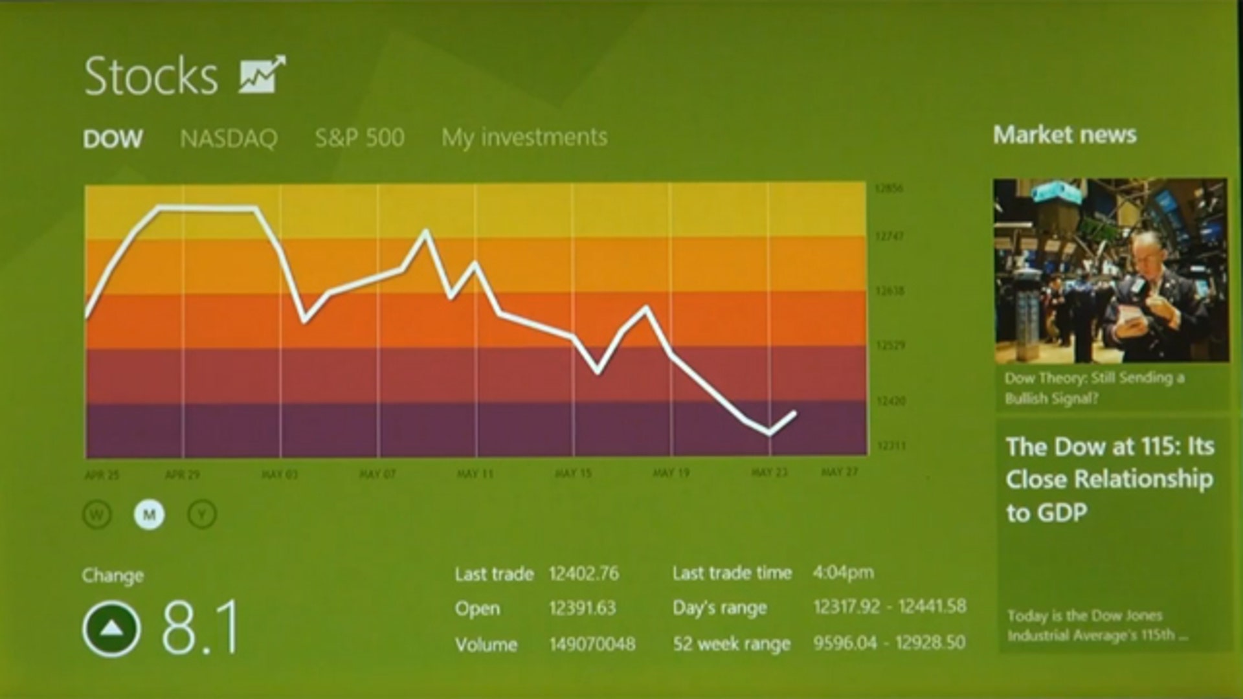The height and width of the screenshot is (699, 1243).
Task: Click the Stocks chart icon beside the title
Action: (262, 74)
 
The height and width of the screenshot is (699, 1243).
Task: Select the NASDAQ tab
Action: (229, 138)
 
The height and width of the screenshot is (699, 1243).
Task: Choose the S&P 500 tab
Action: (359, 137)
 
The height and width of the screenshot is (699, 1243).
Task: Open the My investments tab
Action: (524, 137)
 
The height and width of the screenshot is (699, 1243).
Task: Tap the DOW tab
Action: (113, 139)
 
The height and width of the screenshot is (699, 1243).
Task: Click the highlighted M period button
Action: (149, 515)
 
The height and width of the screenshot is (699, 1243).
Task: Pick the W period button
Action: (97, 515)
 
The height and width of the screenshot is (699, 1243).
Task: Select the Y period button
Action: (202, 515)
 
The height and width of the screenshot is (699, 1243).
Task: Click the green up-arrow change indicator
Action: (111, 628)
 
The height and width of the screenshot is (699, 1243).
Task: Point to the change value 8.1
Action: (200, 627)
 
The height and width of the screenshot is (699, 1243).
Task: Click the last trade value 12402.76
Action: (583, 573)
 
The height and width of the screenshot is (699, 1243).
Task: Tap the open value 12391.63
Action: (582, 608)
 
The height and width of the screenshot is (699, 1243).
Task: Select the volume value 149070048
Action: (592, 644)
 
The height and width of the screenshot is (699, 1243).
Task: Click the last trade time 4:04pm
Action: (843, 573)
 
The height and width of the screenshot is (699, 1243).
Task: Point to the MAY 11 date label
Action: (475, 474)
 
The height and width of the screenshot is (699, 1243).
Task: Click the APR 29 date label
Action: (183, 474)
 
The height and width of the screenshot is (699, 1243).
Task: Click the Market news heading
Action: (1064, 135)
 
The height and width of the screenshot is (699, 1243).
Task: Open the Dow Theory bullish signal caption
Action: (1094, 388)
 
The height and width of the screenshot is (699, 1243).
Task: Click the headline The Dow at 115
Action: (1110, 479)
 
